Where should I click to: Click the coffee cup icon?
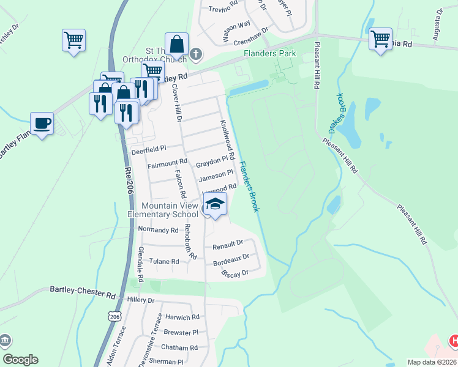coord(42,123)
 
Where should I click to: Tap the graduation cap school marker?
coord(215,204)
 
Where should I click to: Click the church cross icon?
coord(195,54)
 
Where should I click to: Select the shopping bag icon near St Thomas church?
coord(176,44)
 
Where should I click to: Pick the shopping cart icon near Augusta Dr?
coord(380,39)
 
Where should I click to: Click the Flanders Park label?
coord(270,54)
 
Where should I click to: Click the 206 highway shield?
coord(115,317)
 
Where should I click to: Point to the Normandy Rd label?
coord(157,230)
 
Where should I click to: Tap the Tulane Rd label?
coord(164,261)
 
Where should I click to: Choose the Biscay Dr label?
coord(235,273)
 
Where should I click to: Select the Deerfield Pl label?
coord(149,150)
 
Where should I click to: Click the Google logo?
coord(20,360)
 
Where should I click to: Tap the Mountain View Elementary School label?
coord(163,210)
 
